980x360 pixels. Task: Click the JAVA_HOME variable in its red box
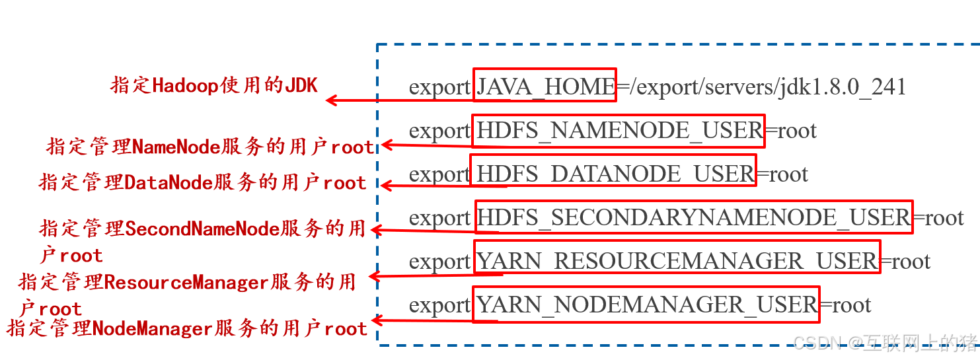pyautogui.click(x=545, y=87)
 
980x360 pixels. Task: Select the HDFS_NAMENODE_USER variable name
pyautogui.click(x=619, y=131)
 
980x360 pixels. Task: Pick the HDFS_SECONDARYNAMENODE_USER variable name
pyautogui.click(x=693, y=217)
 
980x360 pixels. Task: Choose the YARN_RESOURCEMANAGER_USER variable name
pyautogui.click(x=677, y=261)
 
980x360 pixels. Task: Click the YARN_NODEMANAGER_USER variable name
pyautogui.click(x=647, y=305)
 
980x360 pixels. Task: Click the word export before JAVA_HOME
pyautogui.click(x=439, y=87)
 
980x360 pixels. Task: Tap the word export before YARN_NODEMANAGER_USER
pyautogui.click(x=439, y=305)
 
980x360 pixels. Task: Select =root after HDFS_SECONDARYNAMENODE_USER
pyautogui.click(x=938, y=217)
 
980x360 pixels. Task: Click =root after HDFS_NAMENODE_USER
pyautogui.click(x=791, y=131)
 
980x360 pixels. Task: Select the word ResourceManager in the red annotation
pyautogui.click(x=186, y=283)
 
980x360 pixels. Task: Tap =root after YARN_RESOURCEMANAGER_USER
pyautogui.click(x=906, y=261)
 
